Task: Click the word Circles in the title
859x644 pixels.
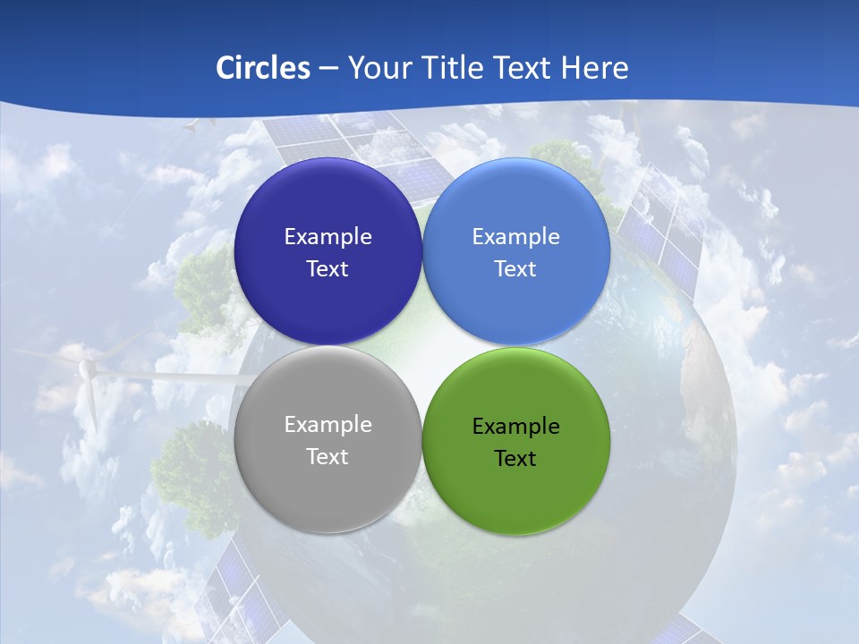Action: [x=263, y=68]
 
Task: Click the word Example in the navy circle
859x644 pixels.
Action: [x=327, y=237]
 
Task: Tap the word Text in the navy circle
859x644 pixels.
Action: [x=327, y=269]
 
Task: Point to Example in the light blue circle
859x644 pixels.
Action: [x=516, y=237]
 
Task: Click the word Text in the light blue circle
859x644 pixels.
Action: [x=516, y=269]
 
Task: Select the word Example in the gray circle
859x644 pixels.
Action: [x=327, y=425]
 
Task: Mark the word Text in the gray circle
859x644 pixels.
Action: [x=327, y=457]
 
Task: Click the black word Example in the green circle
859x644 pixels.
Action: [x=516, y=427]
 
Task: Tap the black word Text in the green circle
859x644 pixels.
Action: [x=516, y=459]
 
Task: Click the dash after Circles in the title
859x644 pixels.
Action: [x=328, y=68]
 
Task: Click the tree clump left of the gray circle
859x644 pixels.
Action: [x=192, y=465]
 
